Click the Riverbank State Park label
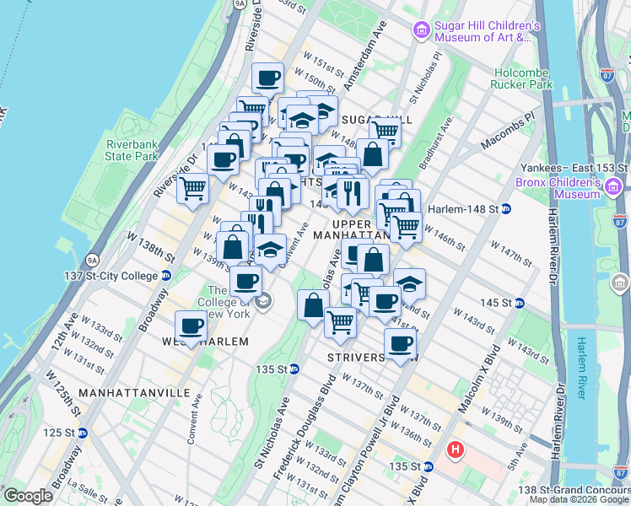tap(132, 149)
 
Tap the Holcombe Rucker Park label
tap(523, 78)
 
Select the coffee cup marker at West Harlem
tap(191, 326)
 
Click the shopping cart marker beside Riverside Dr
tap(193, 187)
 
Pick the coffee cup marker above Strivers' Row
tap(400, 342)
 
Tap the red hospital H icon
tap(456, 450)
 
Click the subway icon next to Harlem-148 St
tap(505, 208)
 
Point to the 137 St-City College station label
tap(111, 276)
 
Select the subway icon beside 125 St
tap(83, 433)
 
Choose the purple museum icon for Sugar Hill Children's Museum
tap(421, 31)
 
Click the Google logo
tap(28, 495)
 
